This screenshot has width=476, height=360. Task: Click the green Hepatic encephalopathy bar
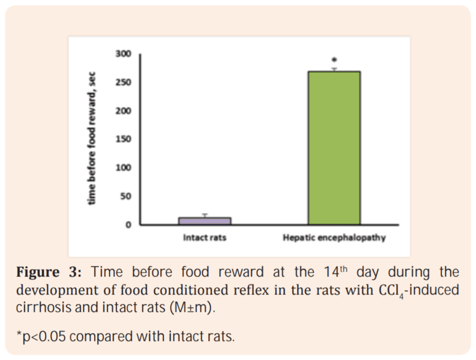tap(334, 148)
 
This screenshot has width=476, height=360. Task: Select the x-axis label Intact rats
tap(204, 238)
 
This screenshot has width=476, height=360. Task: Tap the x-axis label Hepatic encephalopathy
tap(334, 238)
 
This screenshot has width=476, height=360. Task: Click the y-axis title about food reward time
tap(92, 139)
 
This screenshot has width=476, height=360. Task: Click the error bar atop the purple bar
tap(204, 215)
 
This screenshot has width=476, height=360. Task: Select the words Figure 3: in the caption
tap(50, 273)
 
